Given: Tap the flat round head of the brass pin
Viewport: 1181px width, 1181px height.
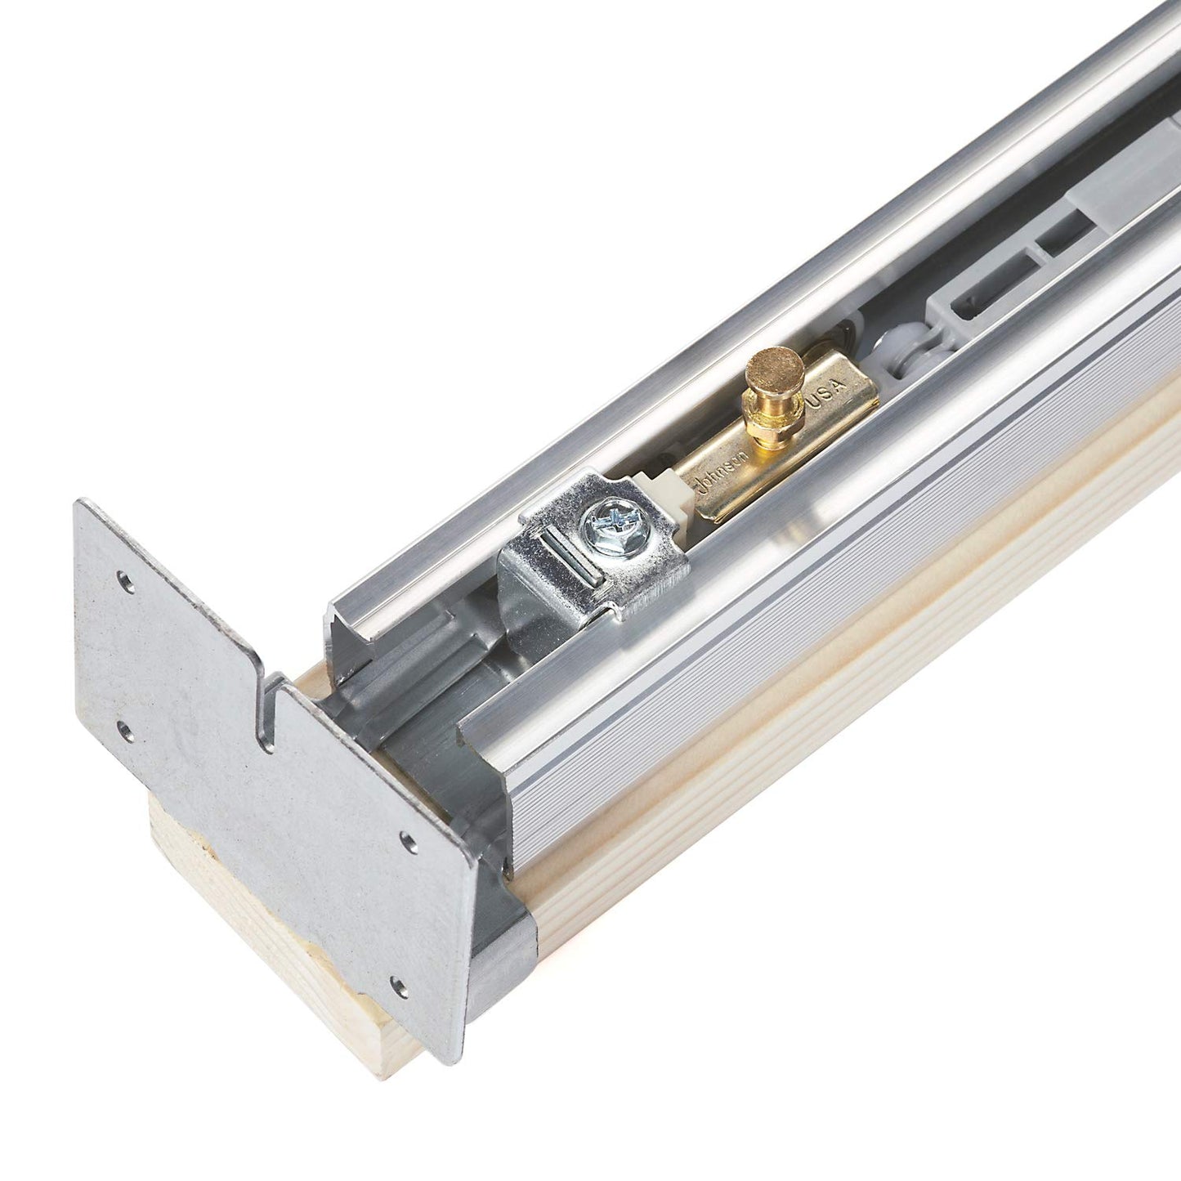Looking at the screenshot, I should pos(772,361).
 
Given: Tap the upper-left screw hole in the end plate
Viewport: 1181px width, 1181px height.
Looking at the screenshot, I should pos(125,582).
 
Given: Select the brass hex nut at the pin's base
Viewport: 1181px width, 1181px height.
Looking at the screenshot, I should pos(763,433).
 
